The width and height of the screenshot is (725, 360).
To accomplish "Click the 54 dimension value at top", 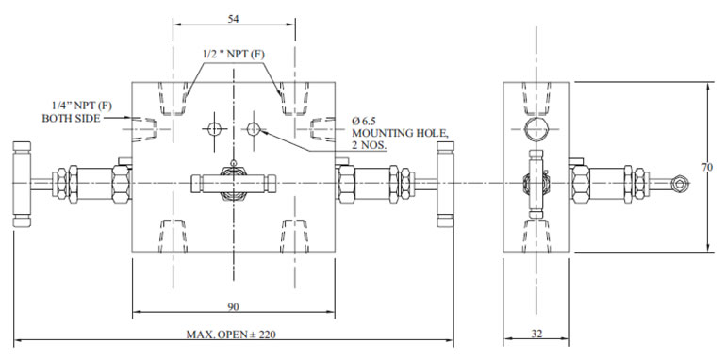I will click(233, 19).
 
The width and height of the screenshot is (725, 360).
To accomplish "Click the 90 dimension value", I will click(233, 305).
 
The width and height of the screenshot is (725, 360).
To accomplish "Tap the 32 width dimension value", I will click(536, 334).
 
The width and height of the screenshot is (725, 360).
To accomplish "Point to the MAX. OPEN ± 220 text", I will click(233, 335).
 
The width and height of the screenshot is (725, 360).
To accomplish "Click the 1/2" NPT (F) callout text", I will click(234, 54).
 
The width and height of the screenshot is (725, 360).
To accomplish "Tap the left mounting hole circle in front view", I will click(215, 128).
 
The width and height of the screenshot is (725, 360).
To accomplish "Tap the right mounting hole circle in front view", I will click(253, 128).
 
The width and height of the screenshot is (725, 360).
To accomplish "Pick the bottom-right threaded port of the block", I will click(297, 232).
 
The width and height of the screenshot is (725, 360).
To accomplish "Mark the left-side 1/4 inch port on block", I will click(142, 127).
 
